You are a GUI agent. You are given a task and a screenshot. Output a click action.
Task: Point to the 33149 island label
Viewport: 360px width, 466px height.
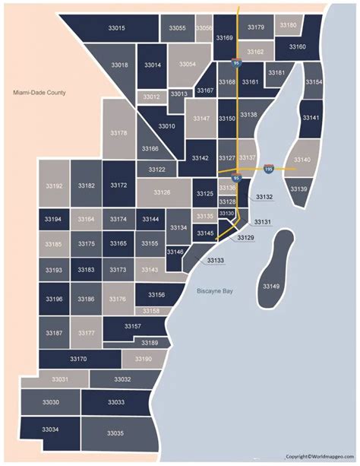tap(270, 286)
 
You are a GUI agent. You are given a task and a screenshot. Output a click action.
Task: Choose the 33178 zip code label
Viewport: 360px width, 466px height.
tap(119, 133)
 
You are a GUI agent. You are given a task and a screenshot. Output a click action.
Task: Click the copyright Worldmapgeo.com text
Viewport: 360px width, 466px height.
tap(320, 456)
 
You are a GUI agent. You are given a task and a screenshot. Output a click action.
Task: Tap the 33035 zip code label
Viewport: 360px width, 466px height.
tap(115, 433)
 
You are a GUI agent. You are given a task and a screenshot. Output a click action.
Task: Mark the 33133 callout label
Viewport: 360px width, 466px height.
tap(215, 260)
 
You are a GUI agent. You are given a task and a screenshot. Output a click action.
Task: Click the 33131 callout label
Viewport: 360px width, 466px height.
tap(262, 221)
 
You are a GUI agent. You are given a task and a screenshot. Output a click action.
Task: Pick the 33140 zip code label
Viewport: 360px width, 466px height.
tap(302, 160)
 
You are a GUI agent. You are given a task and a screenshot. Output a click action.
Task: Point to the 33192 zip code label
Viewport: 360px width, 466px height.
tap(54, 185)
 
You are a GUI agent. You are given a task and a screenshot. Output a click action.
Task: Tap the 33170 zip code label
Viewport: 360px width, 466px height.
tap(78, 358)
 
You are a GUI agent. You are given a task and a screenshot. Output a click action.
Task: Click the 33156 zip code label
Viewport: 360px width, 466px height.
tap(156, 294)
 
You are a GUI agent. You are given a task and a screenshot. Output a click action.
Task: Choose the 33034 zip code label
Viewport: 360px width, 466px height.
tap(50, 430)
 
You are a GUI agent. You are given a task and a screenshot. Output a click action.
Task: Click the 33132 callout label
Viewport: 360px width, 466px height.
tap(264, 197)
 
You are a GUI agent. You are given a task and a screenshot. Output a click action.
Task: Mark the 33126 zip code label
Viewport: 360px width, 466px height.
tap(163, 193)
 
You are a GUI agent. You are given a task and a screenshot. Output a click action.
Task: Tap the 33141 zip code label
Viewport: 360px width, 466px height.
tap(310, 118)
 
